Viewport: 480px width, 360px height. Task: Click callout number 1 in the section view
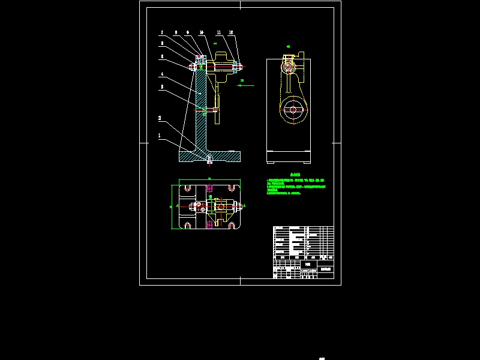(160, 136)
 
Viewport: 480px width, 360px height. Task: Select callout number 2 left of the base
(160, 118)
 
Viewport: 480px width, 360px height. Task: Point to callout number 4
(161, 74)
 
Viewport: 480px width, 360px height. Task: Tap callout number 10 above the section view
(202, 33)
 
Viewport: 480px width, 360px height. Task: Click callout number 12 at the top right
(232, 33)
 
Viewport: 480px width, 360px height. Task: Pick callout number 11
(219, 33)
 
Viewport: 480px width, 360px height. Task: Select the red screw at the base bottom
(209, 160)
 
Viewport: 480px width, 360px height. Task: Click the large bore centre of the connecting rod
(293, 110)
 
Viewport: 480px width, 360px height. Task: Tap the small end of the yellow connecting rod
(289, 62)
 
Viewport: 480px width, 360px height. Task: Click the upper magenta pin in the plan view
(209, 188)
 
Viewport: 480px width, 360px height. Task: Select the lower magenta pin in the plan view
(209, 224)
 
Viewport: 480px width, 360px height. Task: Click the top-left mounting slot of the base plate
(188, 189)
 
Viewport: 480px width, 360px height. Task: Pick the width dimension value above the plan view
(209, 178)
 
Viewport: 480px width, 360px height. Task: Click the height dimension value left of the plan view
(171, 207)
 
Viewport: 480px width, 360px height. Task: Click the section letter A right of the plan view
(245, 206)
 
